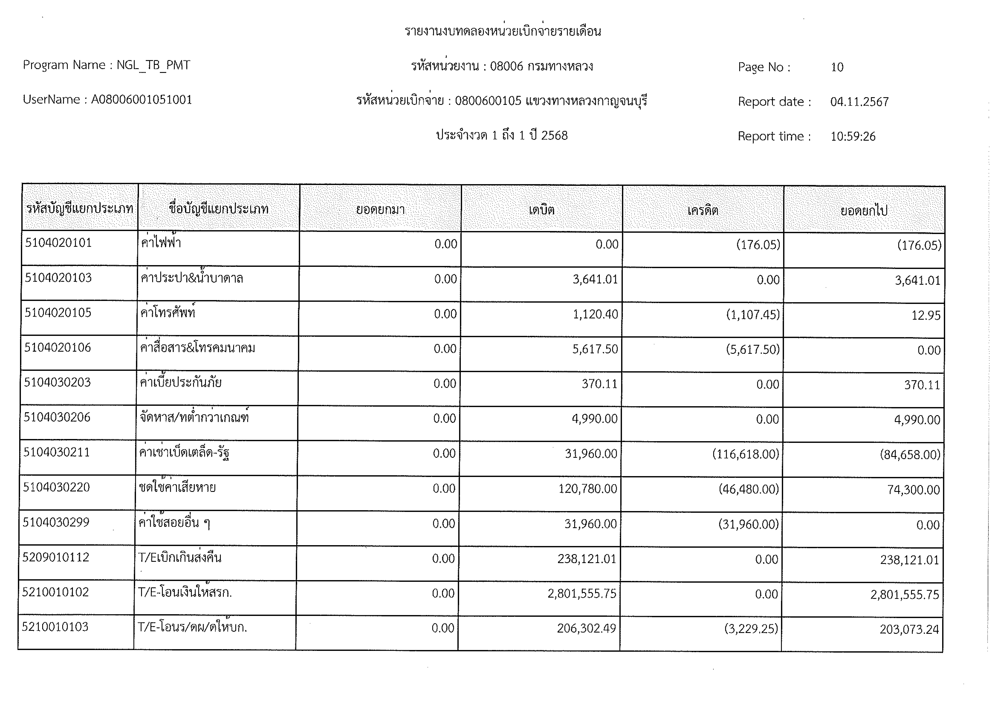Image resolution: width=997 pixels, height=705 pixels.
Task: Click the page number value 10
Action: (x=837, y=67)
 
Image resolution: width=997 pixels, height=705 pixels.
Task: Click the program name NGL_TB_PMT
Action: (x=153, y=65)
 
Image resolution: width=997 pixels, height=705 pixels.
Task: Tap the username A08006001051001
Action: (x=142, y=100)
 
